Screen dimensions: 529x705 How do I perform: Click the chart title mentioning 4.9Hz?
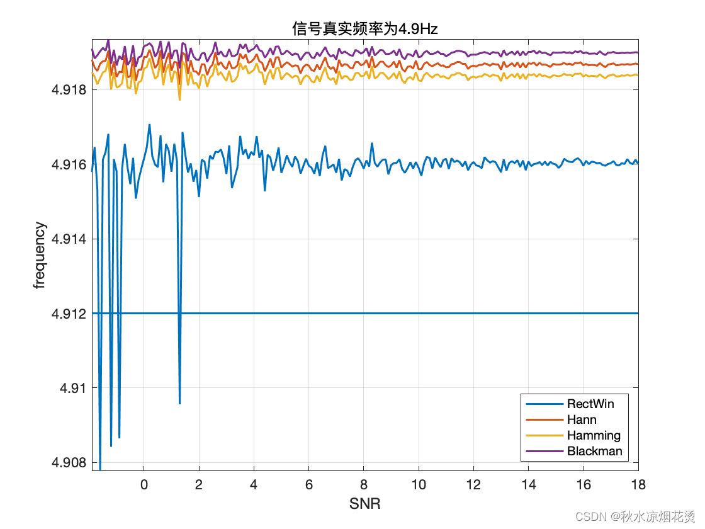tap(364, 28)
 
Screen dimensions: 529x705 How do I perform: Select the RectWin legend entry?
tap(590, 404)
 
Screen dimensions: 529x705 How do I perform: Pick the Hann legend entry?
tap(582, 419)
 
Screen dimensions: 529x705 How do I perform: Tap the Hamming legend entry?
tap(594, 435)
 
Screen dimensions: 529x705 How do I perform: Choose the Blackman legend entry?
tap(594, 451)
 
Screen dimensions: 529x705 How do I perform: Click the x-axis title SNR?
tap(364, 504)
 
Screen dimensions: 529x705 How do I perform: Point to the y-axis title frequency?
tap(40, 255)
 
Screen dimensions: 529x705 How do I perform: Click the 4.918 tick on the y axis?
tap(69, 90)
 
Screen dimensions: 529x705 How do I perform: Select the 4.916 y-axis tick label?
tap(69, 164)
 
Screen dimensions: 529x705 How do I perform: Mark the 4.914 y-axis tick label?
tap(69, 239)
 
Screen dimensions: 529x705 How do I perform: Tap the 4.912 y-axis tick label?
tap(69, 313)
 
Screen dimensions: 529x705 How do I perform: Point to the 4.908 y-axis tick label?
tap(69, 462)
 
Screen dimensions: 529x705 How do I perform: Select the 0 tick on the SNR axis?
tap(144, 484)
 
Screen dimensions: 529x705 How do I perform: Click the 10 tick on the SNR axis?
tap(419, 484)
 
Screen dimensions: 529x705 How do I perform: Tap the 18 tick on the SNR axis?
tap(638, 484)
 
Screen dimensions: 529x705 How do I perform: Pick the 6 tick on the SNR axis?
tap(308, 484)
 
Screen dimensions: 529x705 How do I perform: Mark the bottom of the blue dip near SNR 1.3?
tap(179, 404)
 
